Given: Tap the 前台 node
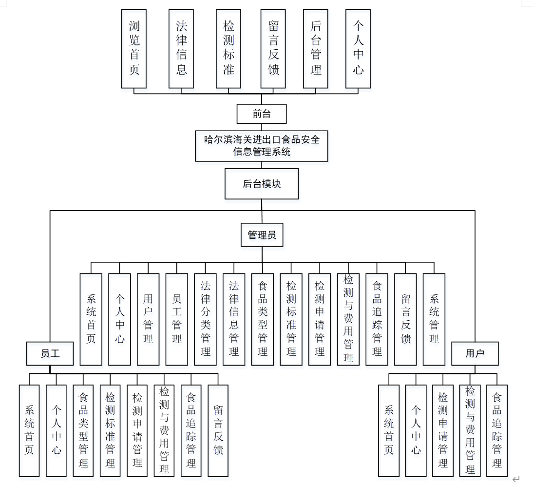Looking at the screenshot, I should tap(262, 114).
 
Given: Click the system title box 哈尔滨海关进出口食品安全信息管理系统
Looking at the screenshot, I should tap(262, 146).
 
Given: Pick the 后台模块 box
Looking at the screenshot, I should tap(262, 184).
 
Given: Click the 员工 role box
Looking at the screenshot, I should tap(50, 353).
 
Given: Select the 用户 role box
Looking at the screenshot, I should tap(475, 353).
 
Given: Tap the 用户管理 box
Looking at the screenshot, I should tap(148, 319).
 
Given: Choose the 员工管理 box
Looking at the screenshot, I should tap(177, 319).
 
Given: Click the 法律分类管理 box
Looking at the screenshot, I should tap(206, 319).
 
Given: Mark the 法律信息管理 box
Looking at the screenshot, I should tap(234, 319).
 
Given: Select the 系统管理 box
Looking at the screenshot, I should tap(434, 319).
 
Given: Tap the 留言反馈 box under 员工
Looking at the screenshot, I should tap(218, 430).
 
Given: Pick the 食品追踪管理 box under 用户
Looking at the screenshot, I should tap(497, 430).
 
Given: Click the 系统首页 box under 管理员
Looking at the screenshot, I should tap(91, 319).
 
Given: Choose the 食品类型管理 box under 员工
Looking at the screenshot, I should tap(83, 430).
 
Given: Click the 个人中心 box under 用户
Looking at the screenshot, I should tap(416, 430).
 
